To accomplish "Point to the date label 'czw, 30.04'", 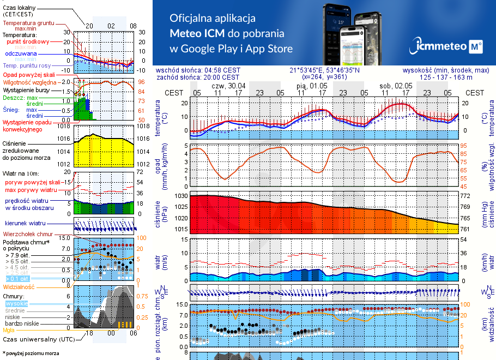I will [x=228, y=86].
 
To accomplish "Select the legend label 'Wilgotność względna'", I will [x=26, y=82].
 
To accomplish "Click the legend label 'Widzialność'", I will [x=19, y=286].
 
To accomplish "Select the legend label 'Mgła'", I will [x=9, y=330].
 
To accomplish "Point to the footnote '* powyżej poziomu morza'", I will [x=31, y=353].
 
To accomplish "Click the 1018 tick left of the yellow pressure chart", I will [x=63, y=126].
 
